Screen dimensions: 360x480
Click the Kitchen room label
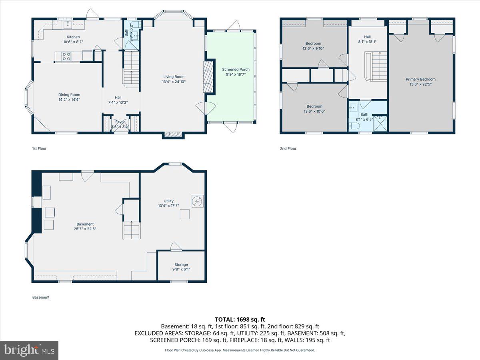pyautogui.click(x=73, y=37)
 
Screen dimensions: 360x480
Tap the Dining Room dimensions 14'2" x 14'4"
pyautogui.click(x=69, y=100)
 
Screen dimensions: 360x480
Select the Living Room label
pyautogui.click(x=174, y=77)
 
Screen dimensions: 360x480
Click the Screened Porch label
pyautogui.click(x=236, y=70)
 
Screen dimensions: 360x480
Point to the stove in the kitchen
pyautogui.click(x=66, y=57)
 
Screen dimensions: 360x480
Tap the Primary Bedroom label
pyautogui.click(x=420, y=79)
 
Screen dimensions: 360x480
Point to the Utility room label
pyautogui.click(x=168, y=201)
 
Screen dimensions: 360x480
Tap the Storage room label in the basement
pyautogui.click(x=181, y=264)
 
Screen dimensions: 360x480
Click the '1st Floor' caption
pyautogui.click(x=39, y=148)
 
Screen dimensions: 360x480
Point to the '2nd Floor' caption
pyautogui.click(x=288, y=148)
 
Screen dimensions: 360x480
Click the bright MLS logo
pyautogui.click(x=29, y=350)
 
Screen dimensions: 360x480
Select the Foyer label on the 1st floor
pyautogui.click(x=120, y=122)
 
